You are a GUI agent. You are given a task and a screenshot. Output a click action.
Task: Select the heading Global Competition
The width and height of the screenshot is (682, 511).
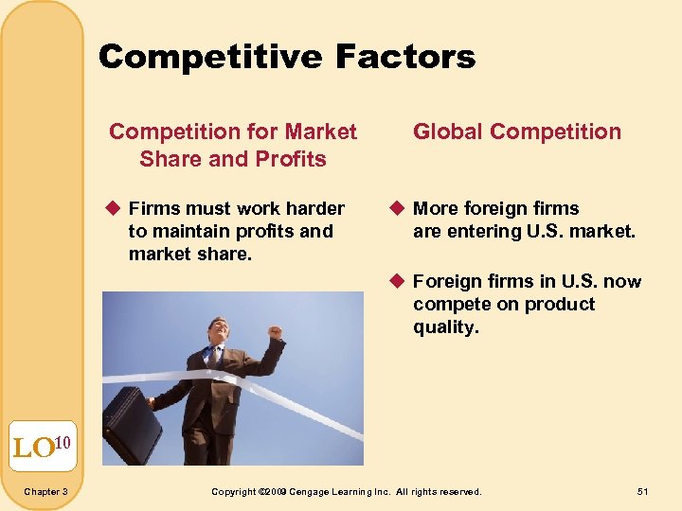click(517, 132)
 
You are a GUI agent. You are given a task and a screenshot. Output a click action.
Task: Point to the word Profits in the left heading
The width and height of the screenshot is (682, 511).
click(289, 158)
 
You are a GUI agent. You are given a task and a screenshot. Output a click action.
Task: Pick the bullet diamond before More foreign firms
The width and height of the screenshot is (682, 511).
click(400, 208)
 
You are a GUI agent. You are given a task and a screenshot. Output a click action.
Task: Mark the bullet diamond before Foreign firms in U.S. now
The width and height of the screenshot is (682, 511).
click(400, 281)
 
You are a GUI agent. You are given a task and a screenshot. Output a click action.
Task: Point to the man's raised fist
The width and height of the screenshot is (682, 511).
click(275, 332)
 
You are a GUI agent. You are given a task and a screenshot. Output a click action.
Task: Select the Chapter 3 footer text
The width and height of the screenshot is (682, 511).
click(45, 491)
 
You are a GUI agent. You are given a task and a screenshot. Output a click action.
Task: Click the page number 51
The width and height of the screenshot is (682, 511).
click(643, 491)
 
